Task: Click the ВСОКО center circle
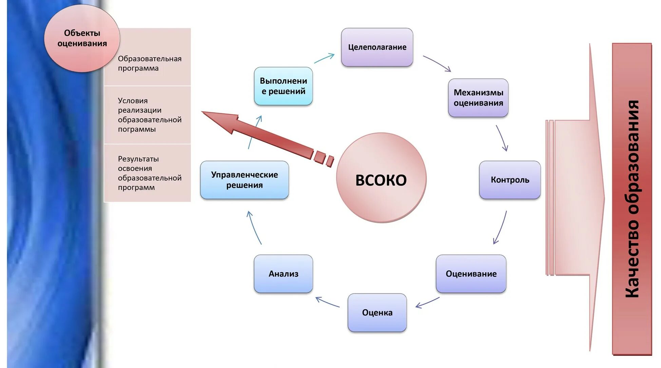pos(381,178)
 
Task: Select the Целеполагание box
pos(377,47)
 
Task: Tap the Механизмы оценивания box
pos(478,98)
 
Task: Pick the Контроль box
pos(509,180)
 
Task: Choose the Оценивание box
pos(471,274)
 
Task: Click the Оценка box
pos(377,312)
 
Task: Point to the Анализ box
pos(283,274)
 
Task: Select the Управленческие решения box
pos(244,180)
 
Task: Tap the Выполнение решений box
pos(283,86)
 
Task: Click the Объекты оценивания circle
pos(82,38)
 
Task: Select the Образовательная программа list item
pos(149,63)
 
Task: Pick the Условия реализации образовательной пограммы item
pos(149,115)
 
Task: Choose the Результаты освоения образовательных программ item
pos(149,173)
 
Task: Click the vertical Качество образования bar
pos(631,199)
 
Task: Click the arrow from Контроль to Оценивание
pos(500,227)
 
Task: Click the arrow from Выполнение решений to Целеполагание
pos(324,58)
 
